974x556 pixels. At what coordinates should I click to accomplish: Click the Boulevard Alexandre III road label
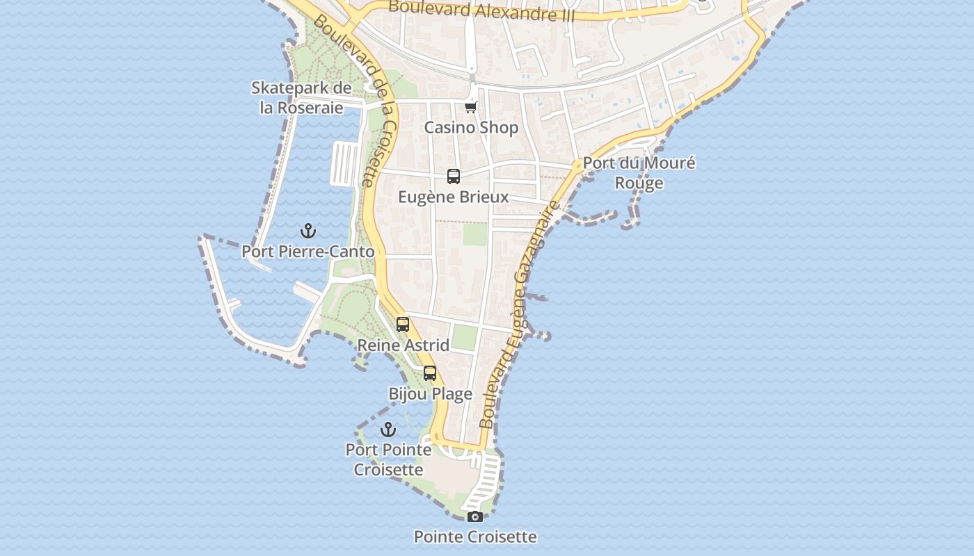pyautogui.click(x=481, y=10)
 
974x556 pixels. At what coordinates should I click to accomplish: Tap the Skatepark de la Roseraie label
pyautogui.click(x=301, y=98)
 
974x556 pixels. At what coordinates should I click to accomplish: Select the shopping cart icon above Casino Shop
pyautogui.click(x=471, y=106)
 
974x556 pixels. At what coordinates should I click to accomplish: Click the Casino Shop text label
pyautogui.click(x=471, y=128)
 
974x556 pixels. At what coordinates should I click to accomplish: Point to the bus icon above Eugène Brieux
pyautogui.click(x=454, y=177)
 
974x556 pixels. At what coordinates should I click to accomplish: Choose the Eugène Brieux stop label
pyautogui.click(x=453, y=197)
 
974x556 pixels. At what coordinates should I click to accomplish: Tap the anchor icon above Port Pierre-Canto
pyautogui.click(x=308, y=231)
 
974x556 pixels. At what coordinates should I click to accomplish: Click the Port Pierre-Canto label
pyautogui.click(x=308, y=252)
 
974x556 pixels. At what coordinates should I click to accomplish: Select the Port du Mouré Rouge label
pyautogui.click(x=639, y=173)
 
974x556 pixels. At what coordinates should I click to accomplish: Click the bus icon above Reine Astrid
pyautogui.click(x=403, y=324)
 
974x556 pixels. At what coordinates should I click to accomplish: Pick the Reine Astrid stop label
pyautogui.click(x=403, y=345)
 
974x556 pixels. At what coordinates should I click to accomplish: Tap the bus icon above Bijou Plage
pyautogui.click(x=430, y=373)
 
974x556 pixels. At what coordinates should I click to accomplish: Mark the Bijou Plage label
pyautogui.click(x=430, y=394)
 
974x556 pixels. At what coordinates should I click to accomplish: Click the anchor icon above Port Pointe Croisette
pyautogui.click(x=388, y=430)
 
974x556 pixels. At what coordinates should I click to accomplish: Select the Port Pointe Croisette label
pyautogui.click(x=388, y=459)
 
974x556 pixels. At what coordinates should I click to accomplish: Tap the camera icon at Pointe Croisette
pyautogui.click(x=475, y=516)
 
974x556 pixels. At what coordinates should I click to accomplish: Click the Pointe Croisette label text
pyautogui.click(x=475, y=537)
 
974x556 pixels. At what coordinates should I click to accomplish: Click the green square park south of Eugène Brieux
pyautogui.click(x=476, y=234)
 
